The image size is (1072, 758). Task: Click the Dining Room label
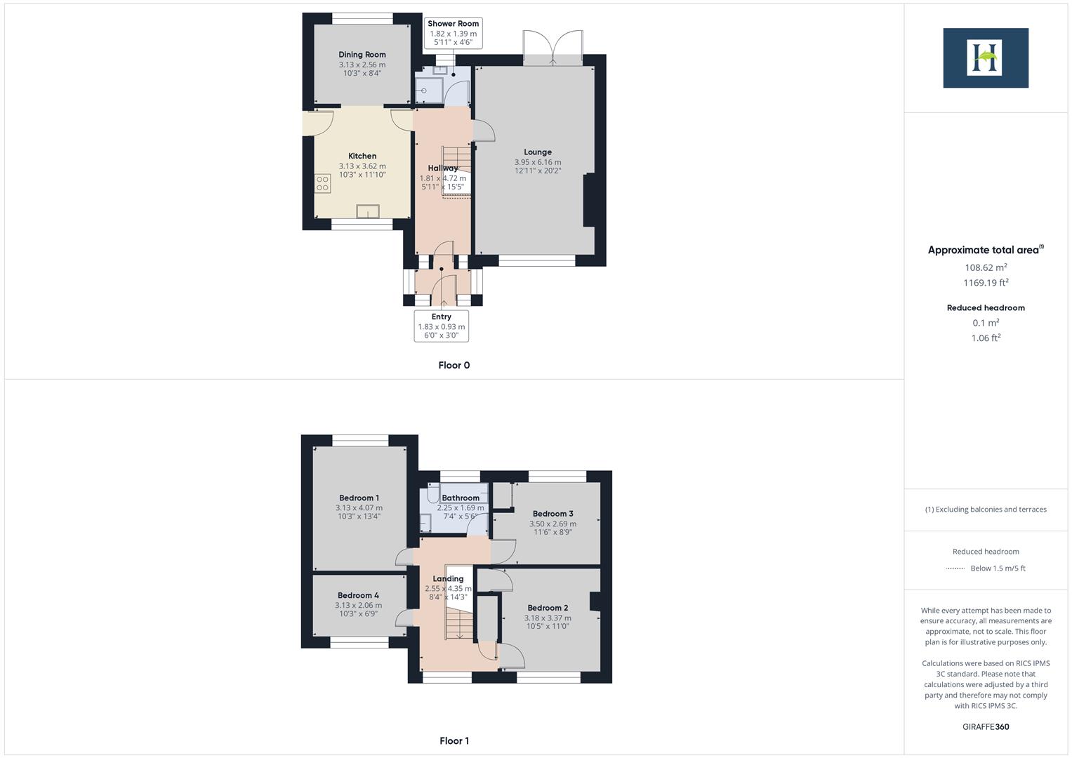[x=362, y=55]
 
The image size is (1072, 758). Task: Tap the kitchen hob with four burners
[x=322, y=184]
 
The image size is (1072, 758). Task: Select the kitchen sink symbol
[x=367, y=212]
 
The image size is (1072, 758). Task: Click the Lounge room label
[x=538, y=152]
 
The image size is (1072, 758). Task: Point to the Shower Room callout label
[x=453, y=24]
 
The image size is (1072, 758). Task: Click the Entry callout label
[x=441, y=317]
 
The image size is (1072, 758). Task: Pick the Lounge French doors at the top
[x=553, y=48]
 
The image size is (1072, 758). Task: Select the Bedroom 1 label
[x=359, y=498]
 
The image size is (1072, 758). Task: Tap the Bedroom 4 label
[x=358, y=596]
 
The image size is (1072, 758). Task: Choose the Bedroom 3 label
[x=552, y=514]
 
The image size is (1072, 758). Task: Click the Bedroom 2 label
[x=548, y=609]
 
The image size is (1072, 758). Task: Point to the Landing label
[x=448, y=579]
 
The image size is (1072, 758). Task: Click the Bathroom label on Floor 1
[x=461, y=498]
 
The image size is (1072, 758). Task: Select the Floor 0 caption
[x=454, y=366]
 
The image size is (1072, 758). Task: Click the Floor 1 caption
[x=454, y=741]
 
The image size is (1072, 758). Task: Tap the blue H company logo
[x=985, y=58]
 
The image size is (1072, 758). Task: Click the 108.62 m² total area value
[x=986, y=267]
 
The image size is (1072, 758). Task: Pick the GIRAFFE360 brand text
[x=986, y=727]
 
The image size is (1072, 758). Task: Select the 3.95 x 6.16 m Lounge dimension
[x=538, y=162]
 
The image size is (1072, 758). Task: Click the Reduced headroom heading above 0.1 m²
[x=986, y=308]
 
